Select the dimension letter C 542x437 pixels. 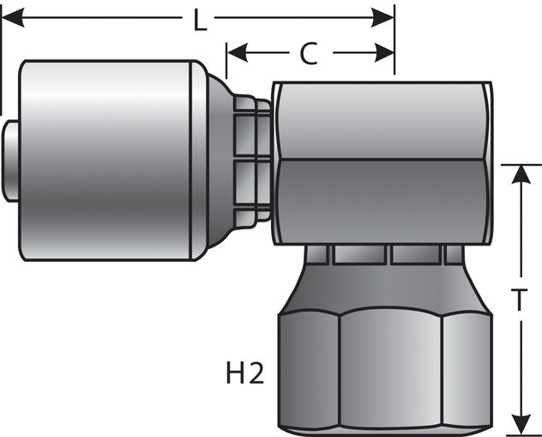[x=309, y=53]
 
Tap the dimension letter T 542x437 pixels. [x=519, y=300]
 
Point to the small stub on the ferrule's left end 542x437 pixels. [x=11, y=159]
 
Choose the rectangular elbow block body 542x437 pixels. [x=382, y=163]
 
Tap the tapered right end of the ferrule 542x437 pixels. [x=218, y=159]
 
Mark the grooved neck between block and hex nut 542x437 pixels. [x=386, y=254]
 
